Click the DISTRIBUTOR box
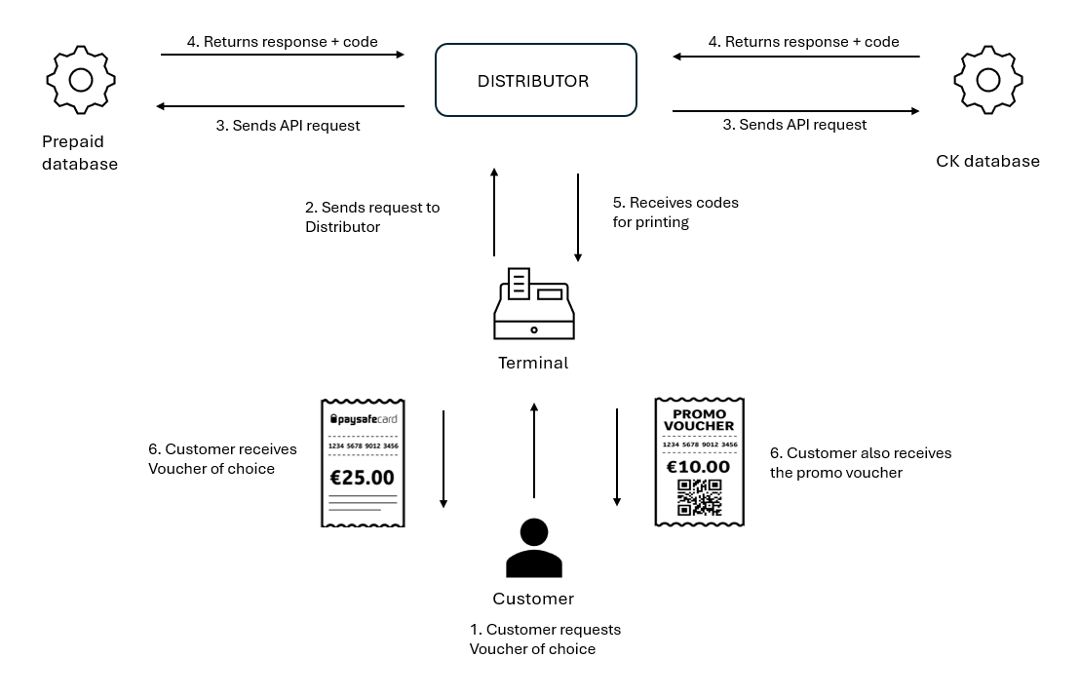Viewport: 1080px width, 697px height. click(x=534, y=81)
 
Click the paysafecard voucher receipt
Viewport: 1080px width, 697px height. click(x=363, y=463)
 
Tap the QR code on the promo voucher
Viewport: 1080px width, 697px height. click(x=699, y=497)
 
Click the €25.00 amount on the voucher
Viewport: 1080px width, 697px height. click(x=363, y=478)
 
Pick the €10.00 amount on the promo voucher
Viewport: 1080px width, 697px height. click(x=699, y=467)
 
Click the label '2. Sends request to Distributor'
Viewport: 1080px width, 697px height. click(x=371, y=216)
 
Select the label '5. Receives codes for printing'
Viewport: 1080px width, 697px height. click(x=675, y=213)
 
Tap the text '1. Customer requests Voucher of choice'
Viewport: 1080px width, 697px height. click(x=544, y=639)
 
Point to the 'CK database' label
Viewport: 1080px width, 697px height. click(x=987, y=161)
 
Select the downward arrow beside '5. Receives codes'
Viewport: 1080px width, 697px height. click(x=578, y=217)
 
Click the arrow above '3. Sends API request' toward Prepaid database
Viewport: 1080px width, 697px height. click(x=281, y=106)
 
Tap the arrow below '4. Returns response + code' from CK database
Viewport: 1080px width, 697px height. click(x=795, y=57)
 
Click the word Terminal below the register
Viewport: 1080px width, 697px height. click(x=533, y=363)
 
